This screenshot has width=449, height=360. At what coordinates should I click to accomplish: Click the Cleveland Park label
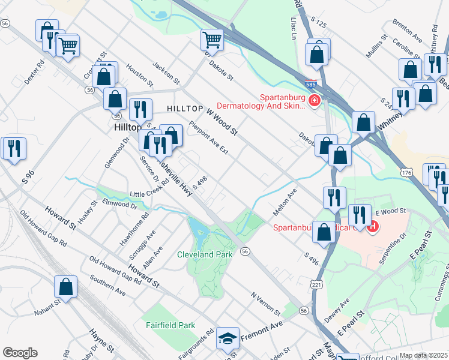(205, 254)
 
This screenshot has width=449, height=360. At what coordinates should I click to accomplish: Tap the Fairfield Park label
(171, 325)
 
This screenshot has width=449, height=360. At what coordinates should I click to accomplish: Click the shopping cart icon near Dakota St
(212, 40)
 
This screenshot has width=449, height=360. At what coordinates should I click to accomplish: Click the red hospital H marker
(372, 227)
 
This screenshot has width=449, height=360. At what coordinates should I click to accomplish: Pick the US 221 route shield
(317, 283)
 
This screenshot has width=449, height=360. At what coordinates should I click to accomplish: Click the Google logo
(20, 353)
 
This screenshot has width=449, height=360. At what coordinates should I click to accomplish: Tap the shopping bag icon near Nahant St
(66, 287)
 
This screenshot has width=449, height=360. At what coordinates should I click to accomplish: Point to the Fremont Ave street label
(262, 331)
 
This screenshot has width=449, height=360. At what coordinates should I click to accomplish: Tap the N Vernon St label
(266, 304)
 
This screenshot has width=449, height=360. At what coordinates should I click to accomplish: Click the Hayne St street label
(101, 340)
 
